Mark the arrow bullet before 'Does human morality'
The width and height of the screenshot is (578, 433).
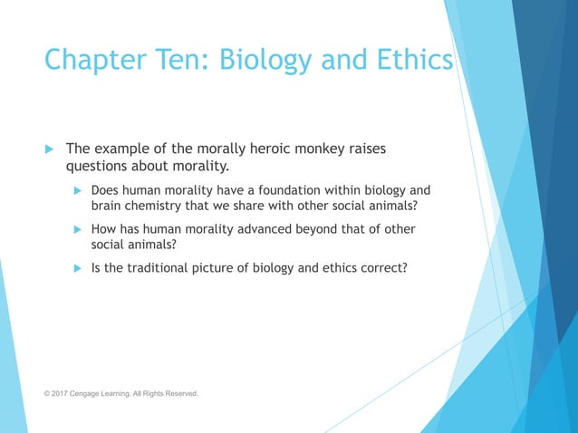tap(78, 190)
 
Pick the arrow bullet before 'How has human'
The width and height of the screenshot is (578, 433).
tap(78, 229)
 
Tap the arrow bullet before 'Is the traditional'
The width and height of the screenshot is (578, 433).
tap(78, 268)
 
